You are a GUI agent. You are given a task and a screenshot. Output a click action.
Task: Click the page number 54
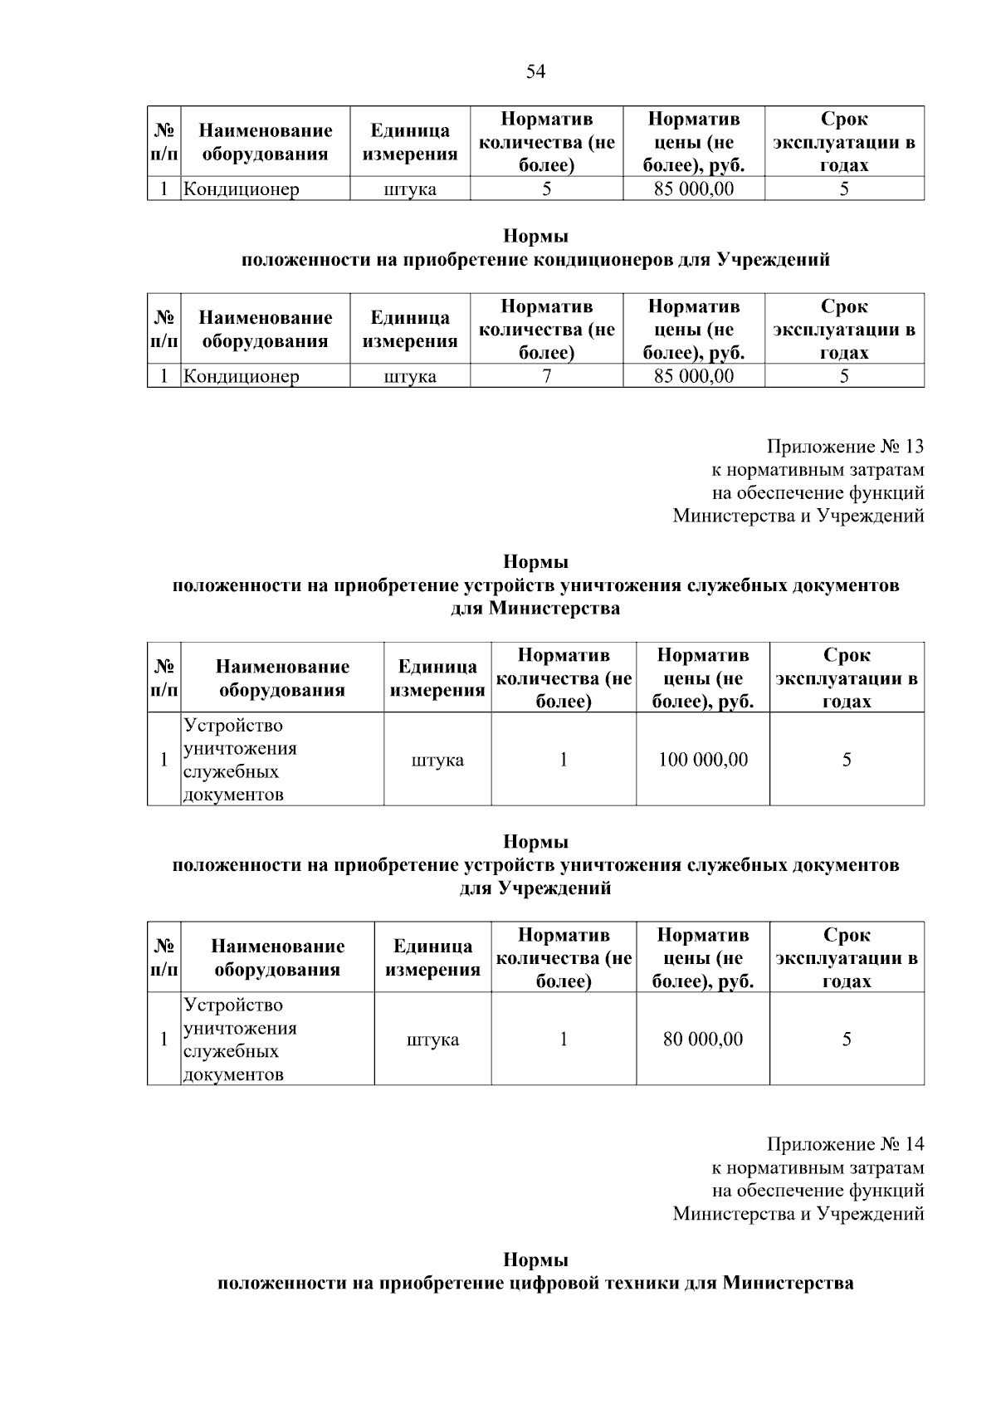point(535,72)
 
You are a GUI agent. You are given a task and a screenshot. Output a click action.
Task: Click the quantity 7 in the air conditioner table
point(546,376)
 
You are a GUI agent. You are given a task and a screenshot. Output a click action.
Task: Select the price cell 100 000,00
point(702,760)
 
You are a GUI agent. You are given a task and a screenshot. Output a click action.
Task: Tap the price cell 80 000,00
point(702,1040)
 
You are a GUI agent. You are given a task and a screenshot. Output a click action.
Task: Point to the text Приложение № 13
point(845,447)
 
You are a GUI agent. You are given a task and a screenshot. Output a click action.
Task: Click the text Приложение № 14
point(845,1144)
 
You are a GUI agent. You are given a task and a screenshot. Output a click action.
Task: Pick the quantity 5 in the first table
point(546,189)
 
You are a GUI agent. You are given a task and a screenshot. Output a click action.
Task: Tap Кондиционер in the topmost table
point(241,189)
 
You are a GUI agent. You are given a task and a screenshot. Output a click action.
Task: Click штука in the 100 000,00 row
point(437,760)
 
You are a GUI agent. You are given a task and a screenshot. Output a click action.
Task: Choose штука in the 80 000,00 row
point(432,1040)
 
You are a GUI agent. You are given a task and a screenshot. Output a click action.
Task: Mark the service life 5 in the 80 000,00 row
point(847,1040)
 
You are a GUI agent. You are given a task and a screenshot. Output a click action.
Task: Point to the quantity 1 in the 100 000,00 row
point(564,760)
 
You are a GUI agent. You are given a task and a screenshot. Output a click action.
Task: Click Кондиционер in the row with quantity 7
point(241,376)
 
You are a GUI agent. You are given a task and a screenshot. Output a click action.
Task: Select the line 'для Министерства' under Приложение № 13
point(535,609)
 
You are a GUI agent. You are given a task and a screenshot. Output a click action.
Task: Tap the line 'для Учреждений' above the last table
point(535,889)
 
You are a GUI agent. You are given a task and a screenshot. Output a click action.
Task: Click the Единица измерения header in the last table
point(432,958)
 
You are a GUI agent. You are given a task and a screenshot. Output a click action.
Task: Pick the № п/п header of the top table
point(164,142)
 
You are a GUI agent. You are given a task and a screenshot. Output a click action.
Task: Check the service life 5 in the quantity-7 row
point(844,376)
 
